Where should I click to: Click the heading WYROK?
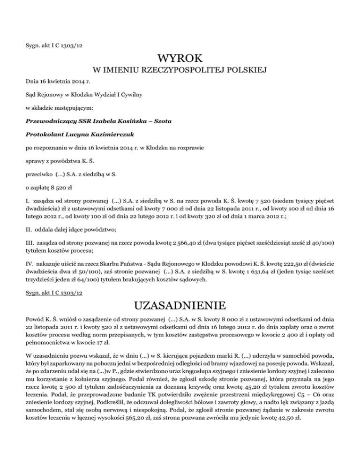pos(180,59)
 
